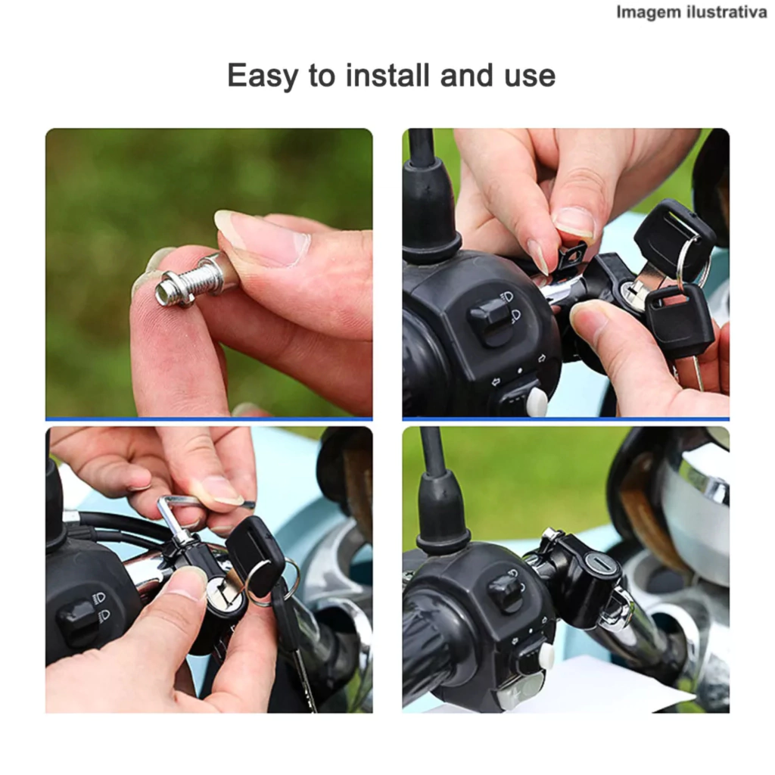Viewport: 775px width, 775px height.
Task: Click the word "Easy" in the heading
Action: pos(263,76)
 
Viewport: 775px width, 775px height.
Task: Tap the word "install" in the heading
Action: pos(387,75)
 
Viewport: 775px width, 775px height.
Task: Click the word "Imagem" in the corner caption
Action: pos(646,12)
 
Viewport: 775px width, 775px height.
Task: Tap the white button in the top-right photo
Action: pos(537,401)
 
